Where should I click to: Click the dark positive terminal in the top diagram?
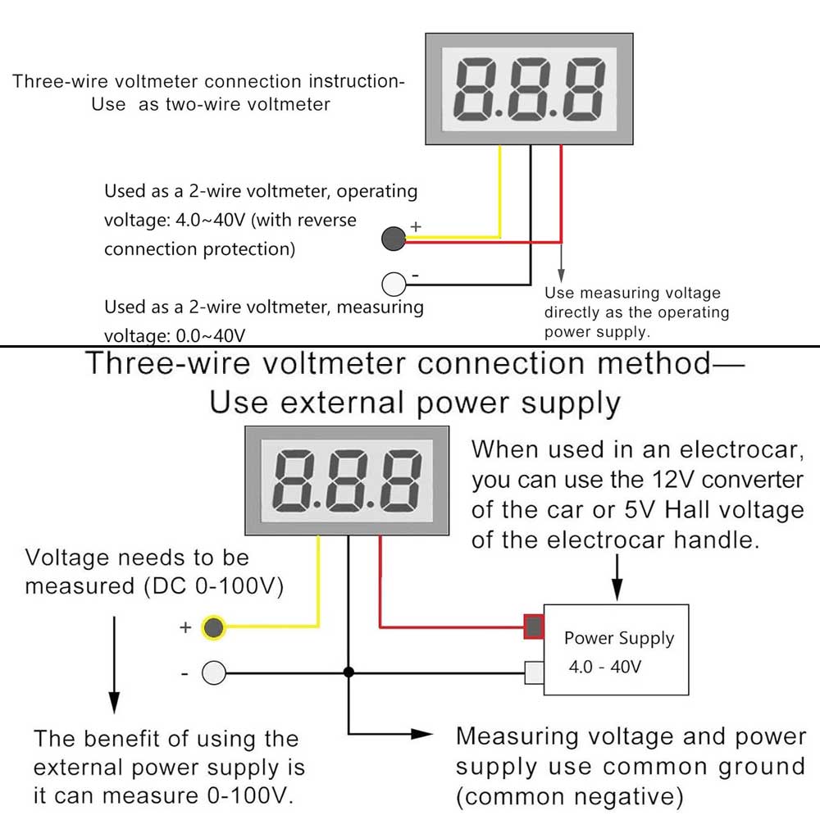tap(394, 239)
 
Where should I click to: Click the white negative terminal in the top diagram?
tap(394, 284)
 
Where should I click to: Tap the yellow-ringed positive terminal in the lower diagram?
tap(214, 627)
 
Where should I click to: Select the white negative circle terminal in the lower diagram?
tap(214, 673)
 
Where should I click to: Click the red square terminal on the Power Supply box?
tap(534, 627)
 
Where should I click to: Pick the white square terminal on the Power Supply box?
tap(534, 673)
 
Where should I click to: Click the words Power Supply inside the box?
tap(619, 638)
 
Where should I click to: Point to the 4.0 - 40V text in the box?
tap(605, 667)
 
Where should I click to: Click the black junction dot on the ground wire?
tap(348, 672)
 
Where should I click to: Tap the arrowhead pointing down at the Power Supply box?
tap(617, 590)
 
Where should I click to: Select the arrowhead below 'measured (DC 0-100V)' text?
tap(114, 702)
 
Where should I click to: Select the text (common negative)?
tap(570, 796)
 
